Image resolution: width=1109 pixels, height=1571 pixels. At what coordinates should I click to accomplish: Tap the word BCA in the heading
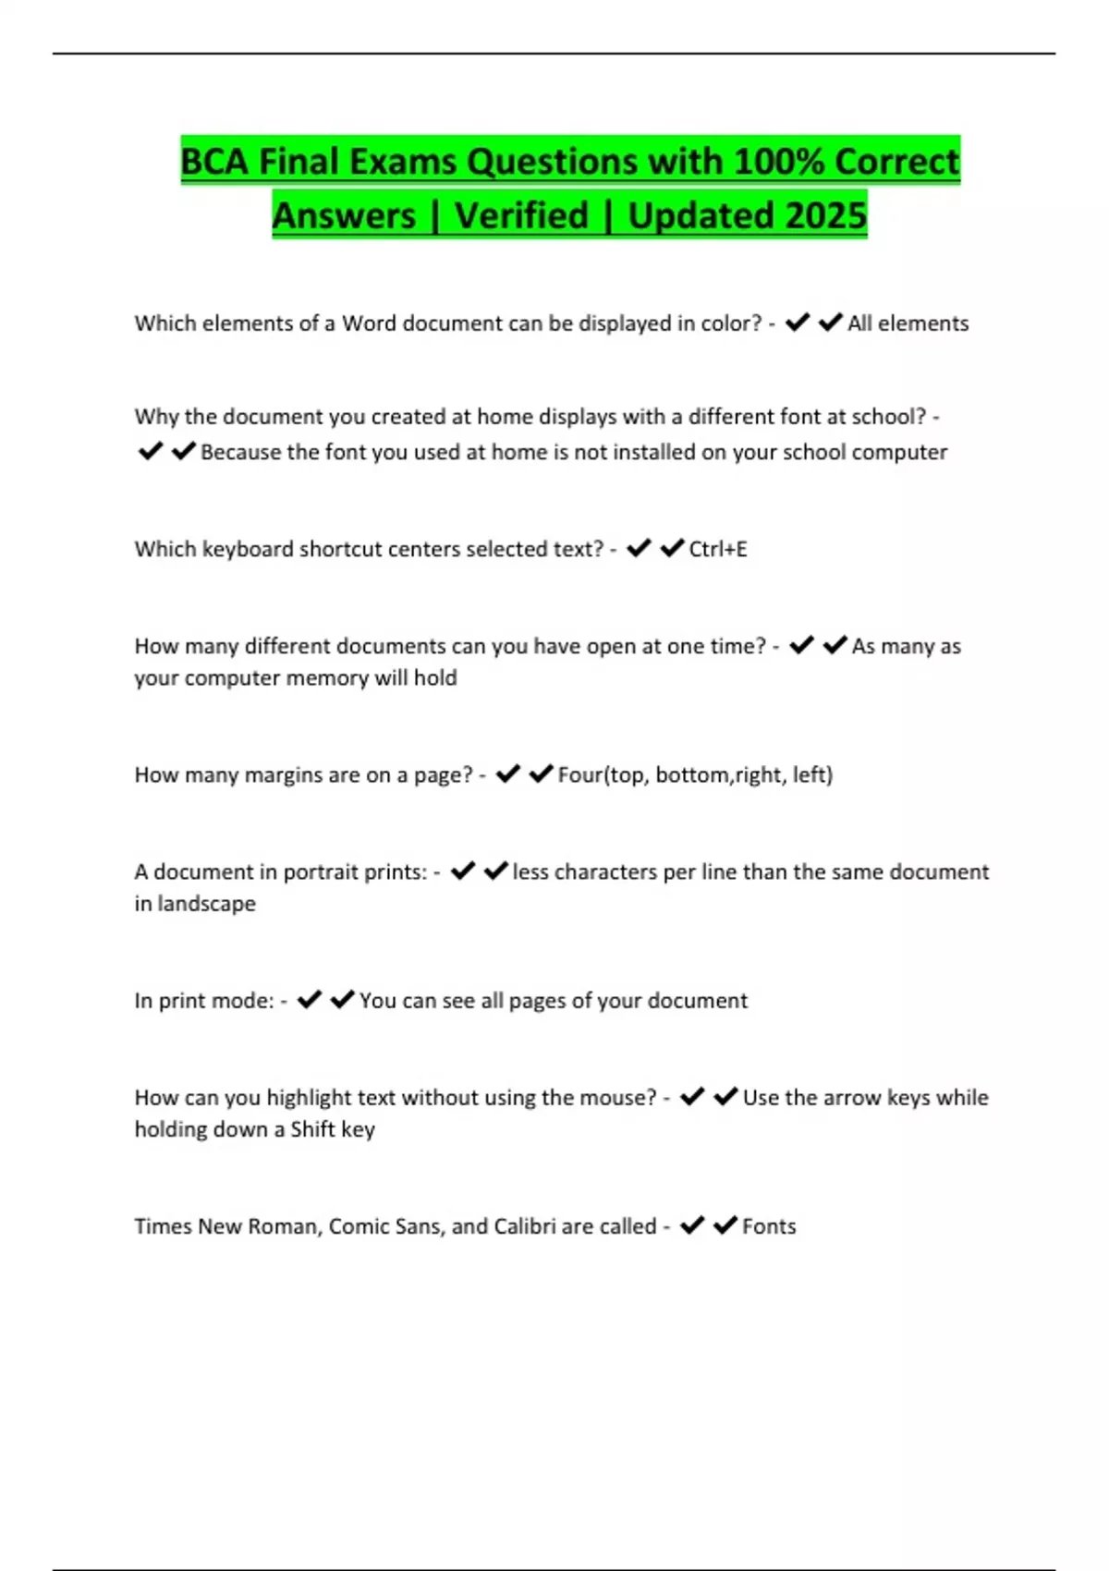click(214, 162)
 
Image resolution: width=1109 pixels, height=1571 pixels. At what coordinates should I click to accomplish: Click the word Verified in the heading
click(521, 216)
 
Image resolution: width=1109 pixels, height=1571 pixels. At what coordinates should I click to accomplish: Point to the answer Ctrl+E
click(718, 549)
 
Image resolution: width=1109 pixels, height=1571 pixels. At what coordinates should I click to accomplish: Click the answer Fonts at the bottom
click(769, 1226)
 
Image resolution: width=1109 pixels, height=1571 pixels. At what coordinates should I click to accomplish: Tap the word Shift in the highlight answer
click(312, 1129)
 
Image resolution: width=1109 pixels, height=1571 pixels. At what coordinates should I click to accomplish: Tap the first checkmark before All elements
click(798, 323)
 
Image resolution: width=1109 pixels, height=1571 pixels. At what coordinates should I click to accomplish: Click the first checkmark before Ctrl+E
click(639, 548)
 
